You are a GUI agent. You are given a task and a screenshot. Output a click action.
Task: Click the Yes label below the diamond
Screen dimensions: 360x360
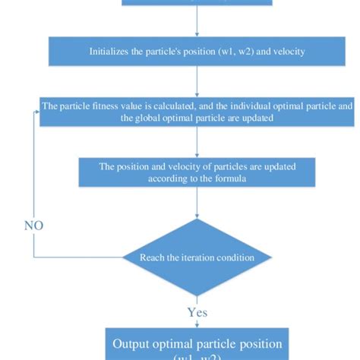click(x=198, y=311)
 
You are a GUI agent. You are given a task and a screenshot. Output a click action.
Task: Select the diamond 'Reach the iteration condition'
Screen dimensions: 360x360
click(x=197, y=257)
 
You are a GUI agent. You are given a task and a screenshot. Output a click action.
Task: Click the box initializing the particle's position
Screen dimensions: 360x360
click(x=197, y=51)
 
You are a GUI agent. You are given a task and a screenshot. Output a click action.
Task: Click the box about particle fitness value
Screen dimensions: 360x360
click(x=197, y=112)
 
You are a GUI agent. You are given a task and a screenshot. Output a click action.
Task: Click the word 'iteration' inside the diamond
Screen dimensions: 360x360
click(x=198, y=257)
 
